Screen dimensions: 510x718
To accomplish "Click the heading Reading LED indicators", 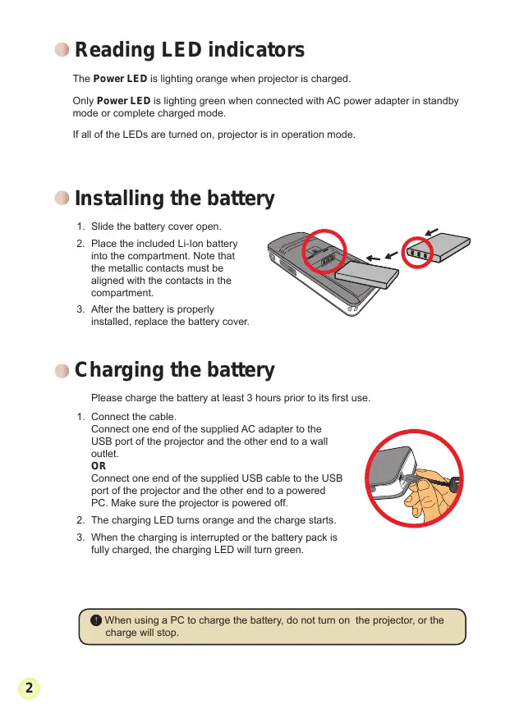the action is click(189, 50).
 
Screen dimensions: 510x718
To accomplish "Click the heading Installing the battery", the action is click(175, 199).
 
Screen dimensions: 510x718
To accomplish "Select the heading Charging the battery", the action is click(175, 370).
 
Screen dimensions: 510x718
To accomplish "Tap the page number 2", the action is click(29, 688).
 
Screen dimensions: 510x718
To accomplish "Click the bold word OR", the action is click(99, 466).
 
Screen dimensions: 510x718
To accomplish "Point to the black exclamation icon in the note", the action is click(96, 620).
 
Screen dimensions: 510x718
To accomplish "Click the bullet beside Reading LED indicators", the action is click(62, 50).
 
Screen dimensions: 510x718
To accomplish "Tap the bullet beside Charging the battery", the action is click(62, 371).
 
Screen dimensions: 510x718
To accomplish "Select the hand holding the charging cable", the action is click(426, 495).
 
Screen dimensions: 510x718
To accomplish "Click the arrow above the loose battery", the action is click(432, 231).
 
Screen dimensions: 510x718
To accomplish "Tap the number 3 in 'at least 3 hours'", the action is click(250, 398).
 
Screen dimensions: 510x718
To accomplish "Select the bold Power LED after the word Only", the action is click(124, 101).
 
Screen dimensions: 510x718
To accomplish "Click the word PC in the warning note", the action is click(177, 620).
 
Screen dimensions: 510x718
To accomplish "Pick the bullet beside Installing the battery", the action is click(62, 199).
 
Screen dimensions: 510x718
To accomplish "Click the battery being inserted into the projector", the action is click(366, 273).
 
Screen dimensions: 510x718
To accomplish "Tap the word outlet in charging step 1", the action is click(105, 454).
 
